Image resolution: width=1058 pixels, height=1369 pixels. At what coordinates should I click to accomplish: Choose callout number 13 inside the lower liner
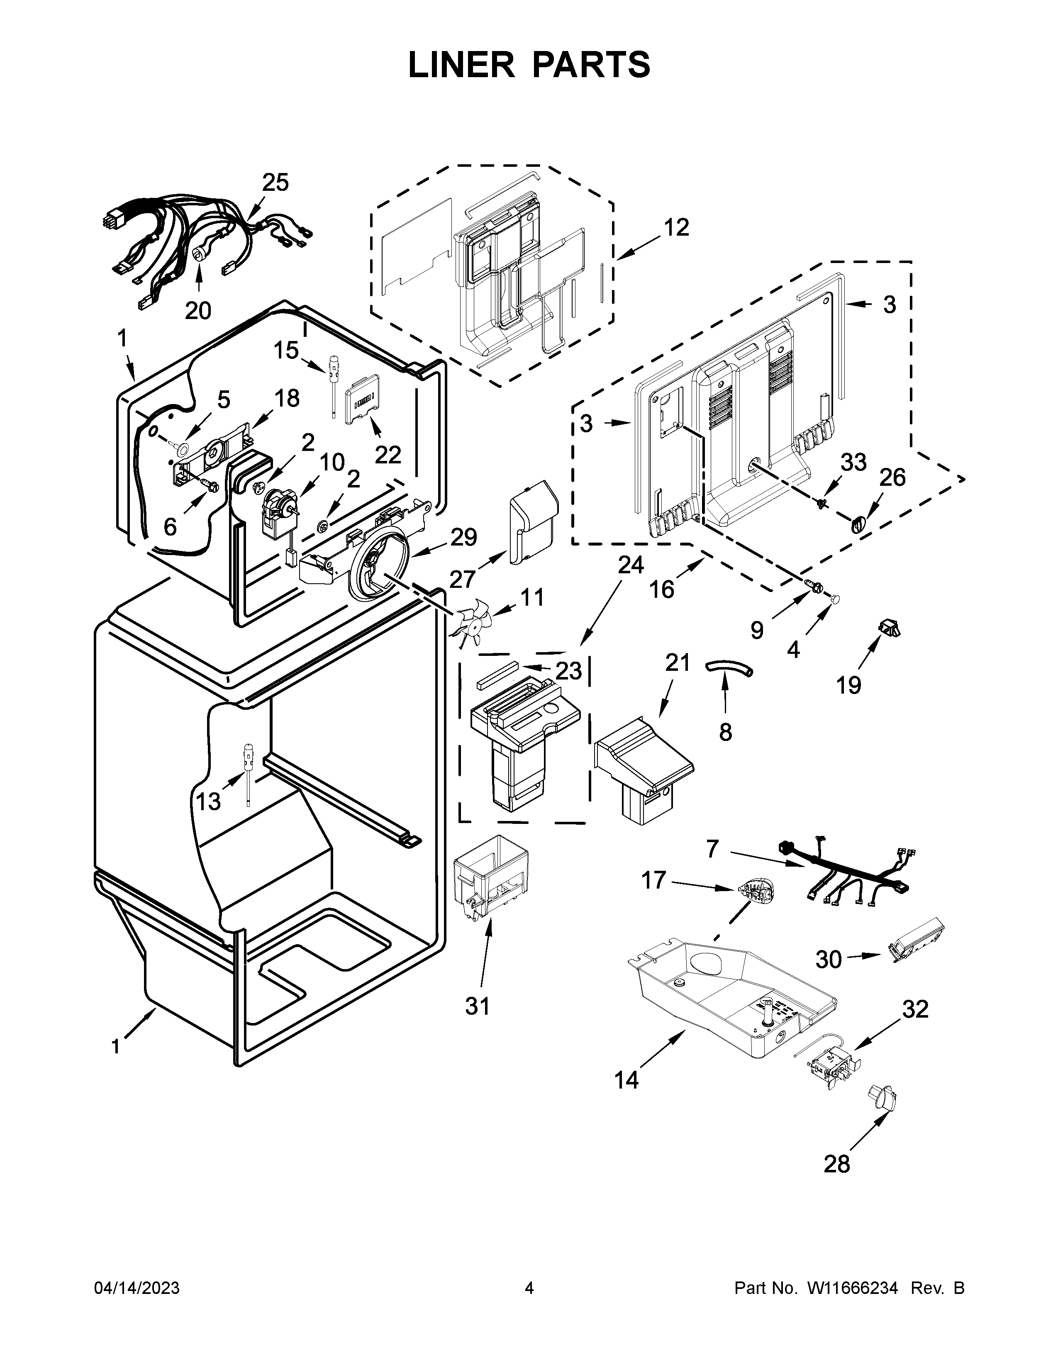pyautogui.click(x=208, y=801)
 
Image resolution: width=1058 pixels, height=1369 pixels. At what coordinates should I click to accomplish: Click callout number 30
pyautogui.click(x=829, y=959)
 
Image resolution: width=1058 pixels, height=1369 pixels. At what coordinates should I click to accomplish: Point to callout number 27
pyautogui.click(x=463, y=579)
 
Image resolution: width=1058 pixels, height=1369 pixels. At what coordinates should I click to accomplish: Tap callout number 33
pyautogui.click(x=853, y=462)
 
